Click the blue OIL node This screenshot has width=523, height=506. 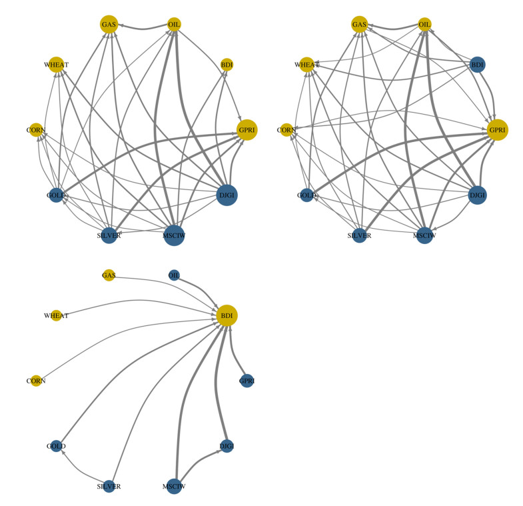click(x=174, y=275)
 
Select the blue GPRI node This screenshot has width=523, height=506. click(x=247, y=381)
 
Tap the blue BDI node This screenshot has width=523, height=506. click(x=477, y=65)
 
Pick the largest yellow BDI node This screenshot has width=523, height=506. click(x=227, y=315)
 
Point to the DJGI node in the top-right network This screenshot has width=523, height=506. click(x=477, y=195)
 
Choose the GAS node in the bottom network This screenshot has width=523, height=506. click(x=109, y=275)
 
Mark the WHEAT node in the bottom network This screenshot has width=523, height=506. click(x=57, y=315)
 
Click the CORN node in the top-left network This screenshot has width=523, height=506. click(x=36, y=129)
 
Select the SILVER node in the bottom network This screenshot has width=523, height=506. click(x=109, y=485)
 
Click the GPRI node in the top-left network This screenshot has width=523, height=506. click(x=247, y=129)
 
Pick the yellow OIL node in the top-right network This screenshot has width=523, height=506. click(x=424, y=25)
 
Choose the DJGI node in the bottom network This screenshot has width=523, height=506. click(x=227, y=446)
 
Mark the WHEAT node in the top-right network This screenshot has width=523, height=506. click(x=306, y=65)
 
